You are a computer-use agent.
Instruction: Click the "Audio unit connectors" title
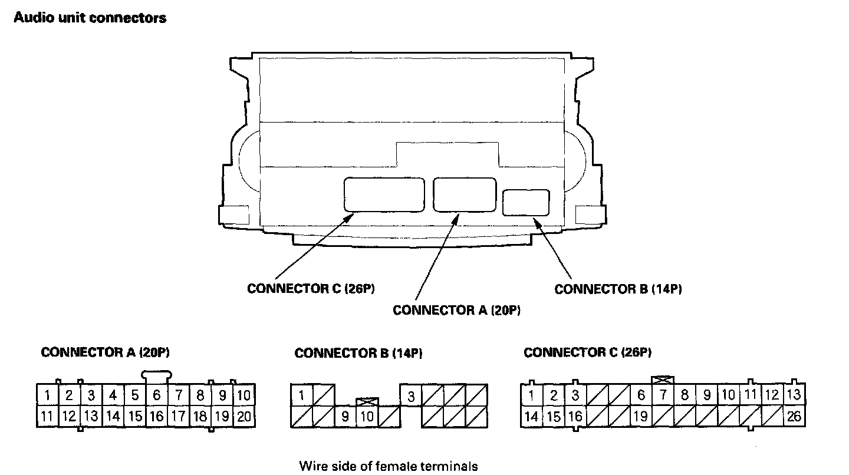tap(90, 18)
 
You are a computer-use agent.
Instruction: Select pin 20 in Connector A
tap(243, 417)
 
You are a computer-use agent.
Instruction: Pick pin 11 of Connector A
tap(47, 417)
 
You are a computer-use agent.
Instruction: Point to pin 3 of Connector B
tap(411, 397)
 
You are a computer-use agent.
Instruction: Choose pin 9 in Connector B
tap(345, 417)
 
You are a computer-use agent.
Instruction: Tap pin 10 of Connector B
tap(367, 417)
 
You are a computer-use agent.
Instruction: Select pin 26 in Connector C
tap(794, 417)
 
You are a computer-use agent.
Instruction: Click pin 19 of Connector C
tap(640, 417)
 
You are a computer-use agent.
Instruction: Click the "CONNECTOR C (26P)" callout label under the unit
tap(311, 289)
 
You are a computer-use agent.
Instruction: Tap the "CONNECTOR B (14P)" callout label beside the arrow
tap(618, 289)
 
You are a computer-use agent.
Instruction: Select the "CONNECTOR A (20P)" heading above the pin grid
tap(106, 352)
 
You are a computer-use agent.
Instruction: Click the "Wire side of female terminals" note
tap(389, 466)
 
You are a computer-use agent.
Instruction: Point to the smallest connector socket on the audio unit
tap(526, 202)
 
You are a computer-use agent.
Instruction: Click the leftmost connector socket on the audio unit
tap(384, 194)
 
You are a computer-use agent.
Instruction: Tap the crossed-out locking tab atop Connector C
tap(663, 380)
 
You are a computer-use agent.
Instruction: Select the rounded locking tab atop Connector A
tap(157, 375)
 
